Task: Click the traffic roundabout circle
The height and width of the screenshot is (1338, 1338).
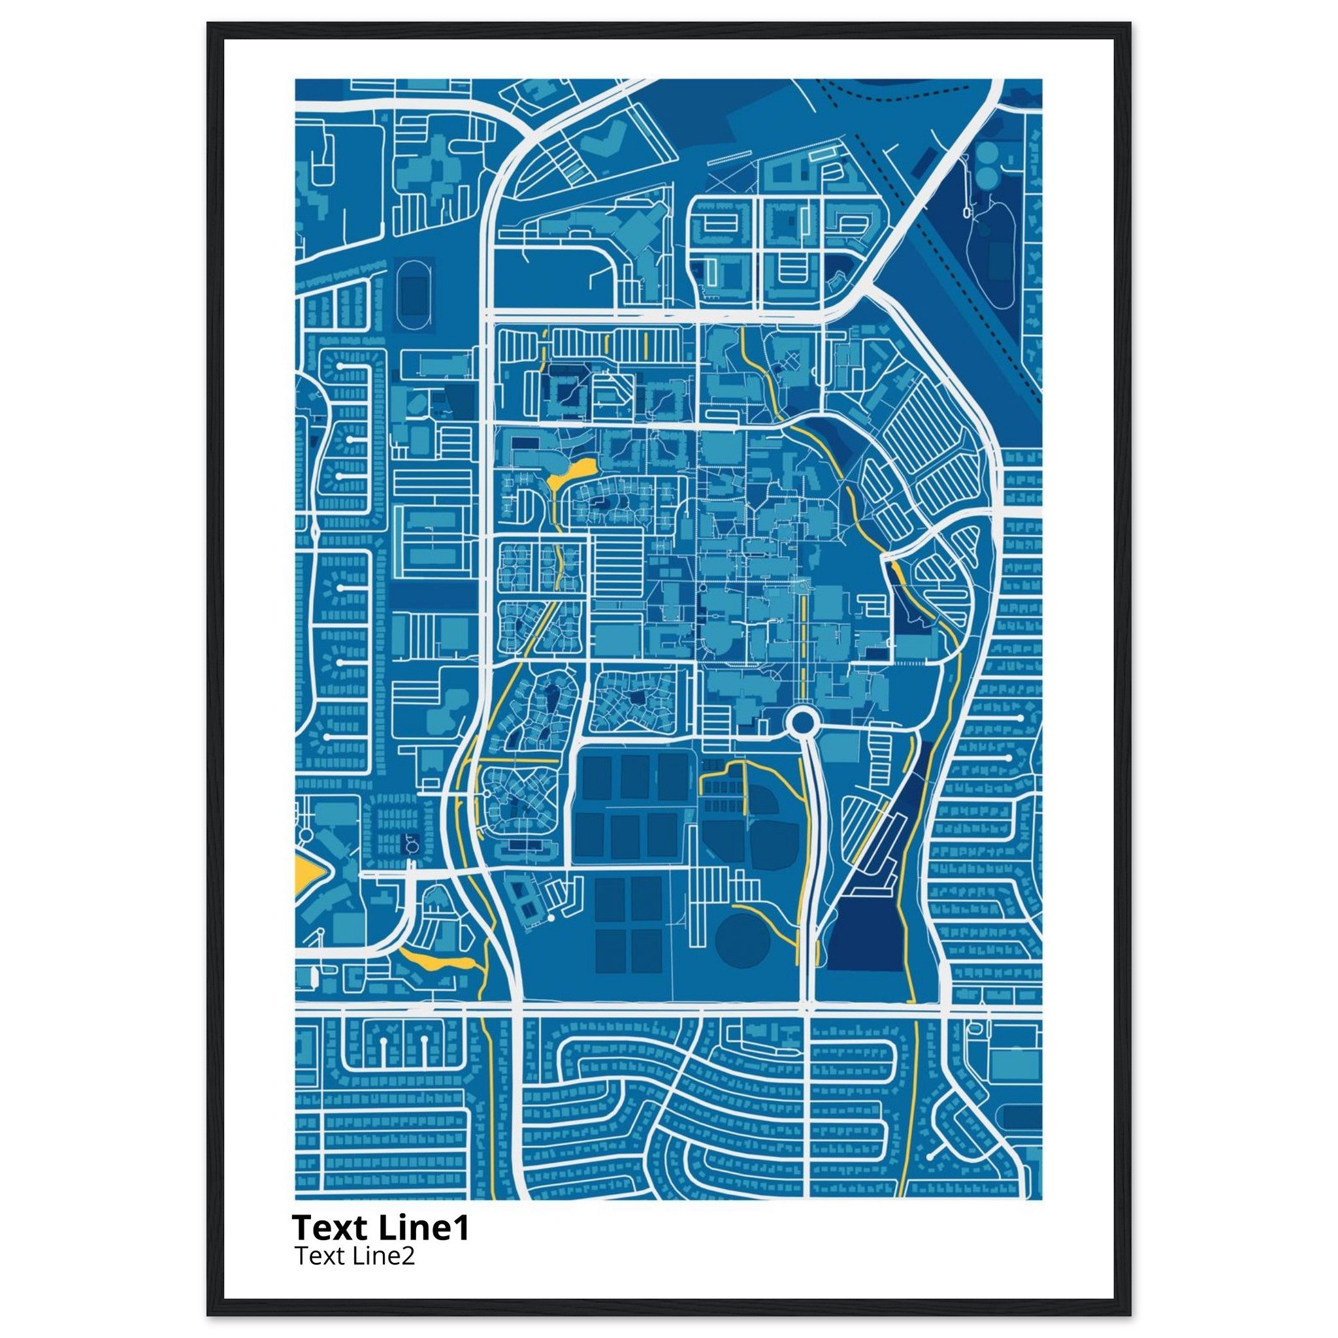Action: pos(802,723)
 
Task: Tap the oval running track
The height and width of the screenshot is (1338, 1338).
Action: pos(414,295)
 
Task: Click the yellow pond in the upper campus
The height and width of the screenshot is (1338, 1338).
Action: pos(572,472)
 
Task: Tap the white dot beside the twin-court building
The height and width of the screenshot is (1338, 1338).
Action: pos(551,918)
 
